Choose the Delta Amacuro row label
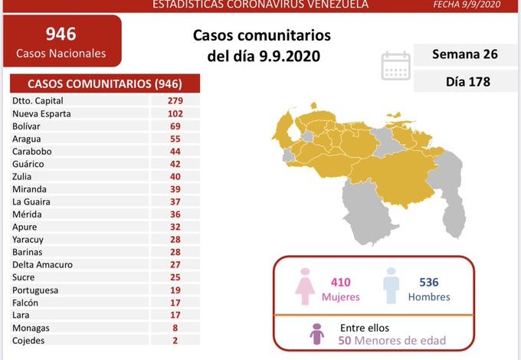[x=42, y=264]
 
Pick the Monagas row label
[x=31, y=327]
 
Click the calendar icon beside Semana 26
[x=396, y=66]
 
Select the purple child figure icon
[x=315, y=333]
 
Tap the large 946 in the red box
[x=61, y=34]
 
